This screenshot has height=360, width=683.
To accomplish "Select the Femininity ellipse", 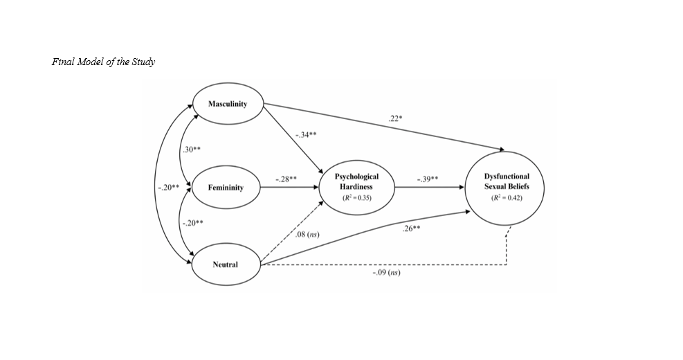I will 226,188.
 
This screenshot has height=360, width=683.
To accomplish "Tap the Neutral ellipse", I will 226,264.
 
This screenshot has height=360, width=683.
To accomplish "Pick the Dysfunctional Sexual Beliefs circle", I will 507,186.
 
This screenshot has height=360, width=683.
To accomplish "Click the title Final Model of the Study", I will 104,62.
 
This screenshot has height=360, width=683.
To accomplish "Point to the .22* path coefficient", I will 397,119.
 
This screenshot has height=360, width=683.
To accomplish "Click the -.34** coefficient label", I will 306,134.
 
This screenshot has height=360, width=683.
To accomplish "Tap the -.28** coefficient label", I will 286,179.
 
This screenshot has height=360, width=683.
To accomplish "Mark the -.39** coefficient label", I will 428,179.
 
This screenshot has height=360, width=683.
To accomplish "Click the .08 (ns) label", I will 307,236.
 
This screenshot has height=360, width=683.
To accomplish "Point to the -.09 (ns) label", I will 386,273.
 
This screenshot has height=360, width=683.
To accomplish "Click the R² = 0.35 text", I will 357,198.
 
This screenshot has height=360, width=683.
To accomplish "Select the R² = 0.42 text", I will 507,198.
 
